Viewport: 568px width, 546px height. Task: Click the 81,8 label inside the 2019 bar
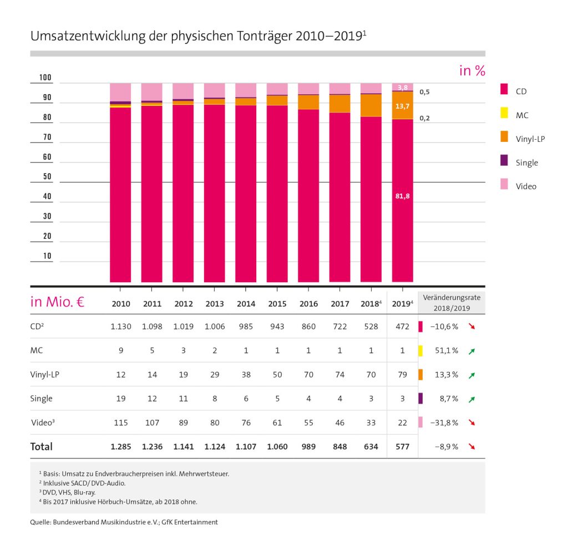point(403,196)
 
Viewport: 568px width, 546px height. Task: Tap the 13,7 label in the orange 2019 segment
point(403,105)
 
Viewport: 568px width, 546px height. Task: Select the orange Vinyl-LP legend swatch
point(504,139)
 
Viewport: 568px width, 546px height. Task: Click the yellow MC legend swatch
point(504,115)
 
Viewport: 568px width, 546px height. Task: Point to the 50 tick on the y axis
point(47,177)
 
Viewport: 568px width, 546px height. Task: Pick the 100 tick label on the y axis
point(45,78)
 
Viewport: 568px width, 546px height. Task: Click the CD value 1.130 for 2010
point(121,326)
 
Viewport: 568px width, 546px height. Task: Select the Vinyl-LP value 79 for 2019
point(403,375)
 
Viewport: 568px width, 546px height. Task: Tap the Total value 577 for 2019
point(403,447)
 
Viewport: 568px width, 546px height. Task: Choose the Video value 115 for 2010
point(121,423)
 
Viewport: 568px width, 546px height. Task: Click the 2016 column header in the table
point(308,304)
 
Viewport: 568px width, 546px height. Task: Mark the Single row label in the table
point(42,399)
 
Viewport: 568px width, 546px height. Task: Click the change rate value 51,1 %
point(446,351)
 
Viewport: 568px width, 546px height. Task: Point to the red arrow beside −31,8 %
point(471,423)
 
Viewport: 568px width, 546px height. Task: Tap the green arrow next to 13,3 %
point(471,375)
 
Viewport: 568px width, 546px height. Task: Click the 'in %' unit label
point(471,71)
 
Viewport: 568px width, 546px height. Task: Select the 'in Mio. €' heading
point(57,303)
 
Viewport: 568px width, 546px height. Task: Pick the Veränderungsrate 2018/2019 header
point(452,302)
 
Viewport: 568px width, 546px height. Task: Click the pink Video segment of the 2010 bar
point(120,92)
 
